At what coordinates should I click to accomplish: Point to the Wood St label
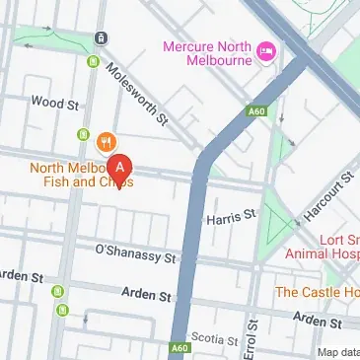point(54,102)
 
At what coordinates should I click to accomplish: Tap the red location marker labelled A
point(120,169)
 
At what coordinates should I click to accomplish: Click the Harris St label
point(230,213)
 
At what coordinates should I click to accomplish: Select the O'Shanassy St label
point(134,252)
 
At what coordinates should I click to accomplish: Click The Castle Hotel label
point(316,292)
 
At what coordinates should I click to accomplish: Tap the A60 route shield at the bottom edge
point(178,348)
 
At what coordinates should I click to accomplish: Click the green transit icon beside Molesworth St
point(93,64)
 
